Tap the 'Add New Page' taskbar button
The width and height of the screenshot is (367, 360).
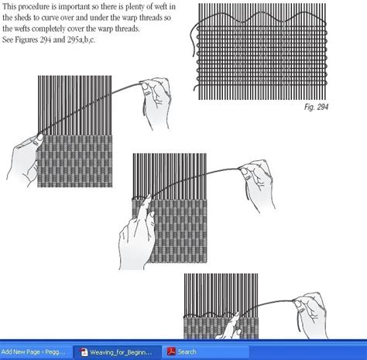click(37, 351)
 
